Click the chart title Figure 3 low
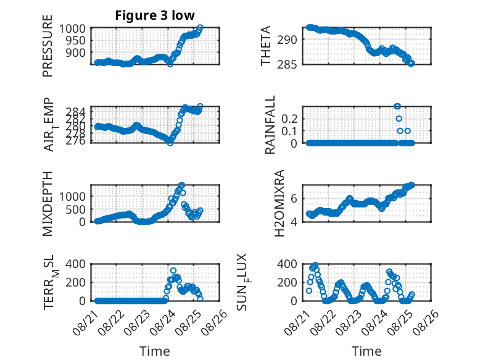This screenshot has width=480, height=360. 155,15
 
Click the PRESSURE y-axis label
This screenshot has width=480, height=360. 48,46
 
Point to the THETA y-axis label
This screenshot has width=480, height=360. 266,46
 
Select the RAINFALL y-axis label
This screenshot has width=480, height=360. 270,125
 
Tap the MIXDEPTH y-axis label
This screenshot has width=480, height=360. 48,204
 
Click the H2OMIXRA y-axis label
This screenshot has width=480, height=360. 279,203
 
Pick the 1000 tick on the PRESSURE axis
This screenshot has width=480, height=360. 72,28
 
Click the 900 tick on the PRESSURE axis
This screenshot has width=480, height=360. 75,52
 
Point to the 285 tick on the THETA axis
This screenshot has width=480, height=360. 287,64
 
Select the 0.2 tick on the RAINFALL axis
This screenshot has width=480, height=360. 289,119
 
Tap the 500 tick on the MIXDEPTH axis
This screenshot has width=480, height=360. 75,209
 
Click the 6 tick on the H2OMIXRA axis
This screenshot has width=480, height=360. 294,198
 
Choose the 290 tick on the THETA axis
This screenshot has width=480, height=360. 287,40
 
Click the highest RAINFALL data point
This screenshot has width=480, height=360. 397,106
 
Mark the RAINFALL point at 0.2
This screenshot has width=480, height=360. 399,119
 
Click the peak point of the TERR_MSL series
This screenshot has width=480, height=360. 173,270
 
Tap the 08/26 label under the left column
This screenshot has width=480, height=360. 214,322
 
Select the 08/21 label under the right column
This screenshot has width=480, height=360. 297,322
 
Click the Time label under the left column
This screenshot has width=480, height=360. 155,351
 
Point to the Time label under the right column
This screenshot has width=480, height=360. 366,351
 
